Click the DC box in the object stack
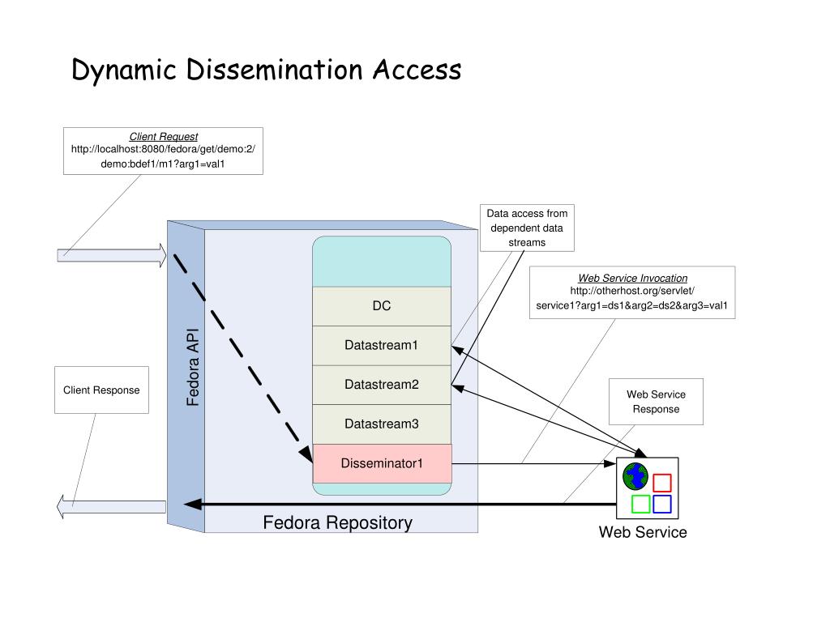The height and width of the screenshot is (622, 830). [x=382, y=306]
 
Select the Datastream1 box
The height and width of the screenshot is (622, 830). [x=382, y=345]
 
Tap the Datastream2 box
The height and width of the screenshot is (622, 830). [x=382, y=385]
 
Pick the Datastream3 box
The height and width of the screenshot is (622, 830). [x=382, y=424]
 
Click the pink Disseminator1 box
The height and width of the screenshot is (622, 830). [x=382, y=463]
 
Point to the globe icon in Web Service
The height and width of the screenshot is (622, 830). [x=635, y=476]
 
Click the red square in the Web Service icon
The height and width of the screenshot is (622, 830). [x=661, y=483]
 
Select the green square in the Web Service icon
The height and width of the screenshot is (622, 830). [x=640, y=504]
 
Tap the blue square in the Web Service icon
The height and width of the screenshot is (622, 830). [x=661, y=504]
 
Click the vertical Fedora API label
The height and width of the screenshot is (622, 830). [x=193, y=368]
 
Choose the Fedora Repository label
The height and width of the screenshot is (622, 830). [x=338, y=522]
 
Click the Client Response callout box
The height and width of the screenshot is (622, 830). [x=101, y=390]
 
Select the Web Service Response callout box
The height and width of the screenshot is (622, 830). [x=656, y=402]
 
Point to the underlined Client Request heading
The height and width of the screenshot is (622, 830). [x=164, y=136]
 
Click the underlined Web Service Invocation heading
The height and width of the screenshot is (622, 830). [x=632, y=279]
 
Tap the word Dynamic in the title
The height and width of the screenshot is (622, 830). [x=124, y=70]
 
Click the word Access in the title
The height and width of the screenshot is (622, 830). [x=417, y=70]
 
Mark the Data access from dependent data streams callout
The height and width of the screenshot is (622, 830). [x=527, y=228]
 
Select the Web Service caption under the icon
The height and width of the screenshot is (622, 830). [x=643, y=532]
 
